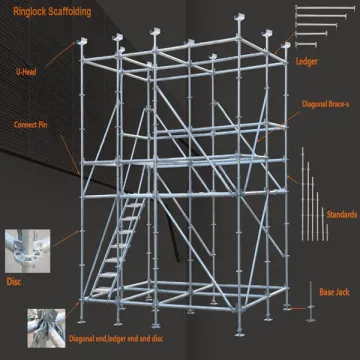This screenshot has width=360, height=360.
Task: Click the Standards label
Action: click(x=341, y=213)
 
